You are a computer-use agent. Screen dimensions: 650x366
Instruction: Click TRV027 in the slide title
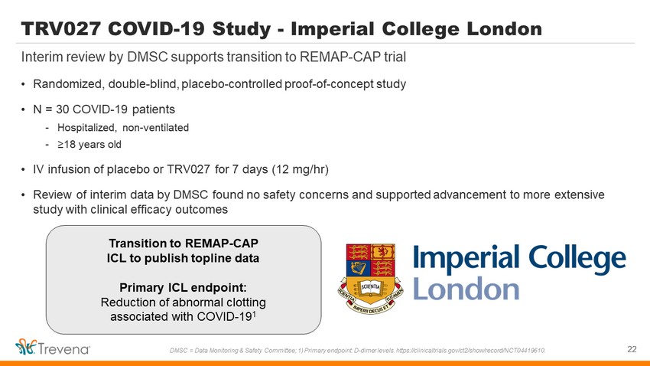pyautogui.click(x=61, y=29)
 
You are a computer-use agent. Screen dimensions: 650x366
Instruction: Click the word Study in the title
pyautogui.click(x=242, y=29)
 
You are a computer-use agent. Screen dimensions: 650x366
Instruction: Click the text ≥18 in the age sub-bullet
pyautogui.click(x=67, y=145)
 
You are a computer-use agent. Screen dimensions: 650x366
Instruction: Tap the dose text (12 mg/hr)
pyautogui.click(x=300, y=169)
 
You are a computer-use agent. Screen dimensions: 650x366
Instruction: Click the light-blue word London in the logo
pyautogui.click(x=466, y=288)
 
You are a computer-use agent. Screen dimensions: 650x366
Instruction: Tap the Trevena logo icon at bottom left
pyautogui.click(x=26, y=347)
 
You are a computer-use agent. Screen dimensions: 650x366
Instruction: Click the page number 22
pyautogui.click(x=632, y=349)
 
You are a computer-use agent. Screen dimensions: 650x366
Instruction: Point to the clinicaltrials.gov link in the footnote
pyautogui.click(x=471, y=351)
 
